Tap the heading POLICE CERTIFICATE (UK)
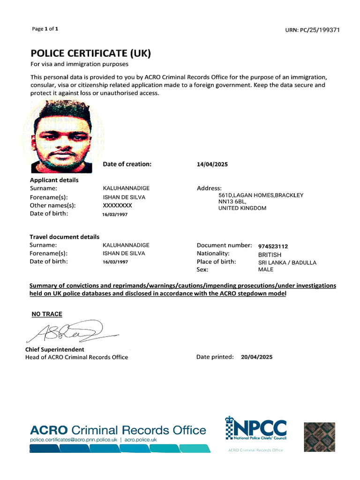90,52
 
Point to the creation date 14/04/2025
212,165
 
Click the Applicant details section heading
54,180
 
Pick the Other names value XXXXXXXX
117,205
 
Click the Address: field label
209,188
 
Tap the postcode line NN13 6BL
232,202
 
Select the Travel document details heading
65,237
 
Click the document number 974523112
273,246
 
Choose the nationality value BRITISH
270,255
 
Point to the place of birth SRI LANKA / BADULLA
287,262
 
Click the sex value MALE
266,270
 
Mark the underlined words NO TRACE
47,314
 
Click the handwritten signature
70,332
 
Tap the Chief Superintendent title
54,350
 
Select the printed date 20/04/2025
256,357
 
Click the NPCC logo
256,431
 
